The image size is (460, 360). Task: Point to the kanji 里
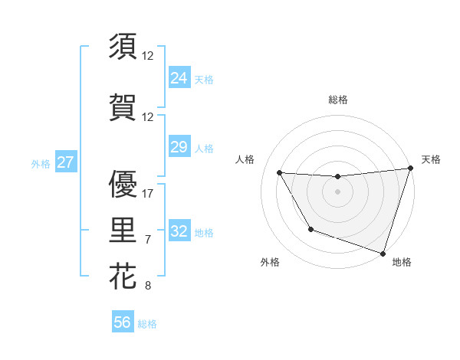pyautogui.click(x=123, y=228)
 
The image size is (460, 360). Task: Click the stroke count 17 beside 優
pyautogui.click(x=148, y=193)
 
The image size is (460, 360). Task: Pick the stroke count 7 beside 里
pyautogui.click(x=148, y=240)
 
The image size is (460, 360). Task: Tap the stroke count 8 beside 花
pyautogui.click(x=148, y=286)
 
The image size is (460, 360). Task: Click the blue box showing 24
pyautogui.click(x=179, y=77)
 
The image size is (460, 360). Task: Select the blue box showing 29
pyautogui.click(x=179, y=147)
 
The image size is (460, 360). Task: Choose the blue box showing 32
pyautogui.click(x=179, y=231)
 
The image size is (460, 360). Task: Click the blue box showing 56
pyautogui.click(x=123, y=322)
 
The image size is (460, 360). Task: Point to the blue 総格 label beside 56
pyautogui.click(x=148, y=324)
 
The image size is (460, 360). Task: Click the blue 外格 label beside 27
pyautogui.click(x=41, y=164)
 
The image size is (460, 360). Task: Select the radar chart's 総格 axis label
pyautogui.click(x=338, y=100)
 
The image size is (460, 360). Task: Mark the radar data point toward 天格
pyautogui.click(x=410, y=169)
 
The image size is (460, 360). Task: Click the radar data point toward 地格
pyautogui.click(x=383, y=253)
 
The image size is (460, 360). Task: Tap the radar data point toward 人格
pyautogui.click(x=280, y=173)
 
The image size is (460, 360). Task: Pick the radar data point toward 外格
pyautogui.click(x=310, y=229)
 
